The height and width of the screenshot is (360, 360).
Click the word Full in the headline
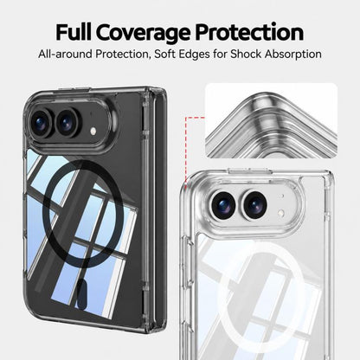click(x=74, y=32)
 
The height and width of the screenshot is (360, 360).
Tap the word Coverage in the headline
click(x=143, y=34)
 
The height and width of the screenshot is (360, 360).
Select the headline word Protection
click(x=249, y=32)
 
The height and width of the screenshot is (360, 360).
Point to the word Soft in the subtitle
click(x=165, y=54)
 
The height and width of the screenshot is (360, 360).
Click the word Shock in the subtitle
click(x=246, y=54)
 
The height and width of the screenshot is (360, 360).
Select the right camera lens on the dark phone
click(x=67, y=123)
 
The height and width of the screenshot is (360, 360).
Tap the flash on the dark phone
click(x=93, y=132)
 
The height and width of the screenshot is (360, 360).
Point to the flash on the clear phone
click(x=281, y=213)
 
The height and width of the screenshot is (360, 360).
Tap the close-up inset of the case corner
click(x=271, y=120)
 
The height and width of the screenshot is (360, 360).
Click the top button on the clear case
click(x=250, y=170)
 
